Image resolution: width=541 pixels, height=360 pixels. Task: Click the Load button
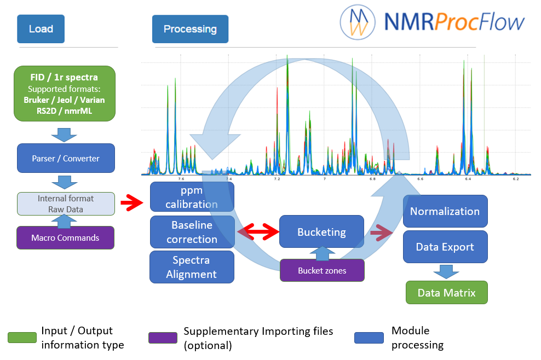coord(41,29)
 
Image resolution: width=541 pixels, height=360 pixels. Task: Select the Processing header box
coord(190,29)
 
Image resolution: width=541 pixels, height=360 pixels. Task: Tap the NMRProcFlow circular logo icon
coord(358,22)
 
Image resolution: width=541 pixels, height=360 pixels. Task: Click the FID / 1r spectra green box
coord(65,94)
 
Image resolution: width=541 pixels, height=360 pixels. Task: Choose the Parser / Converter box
coord(66,158)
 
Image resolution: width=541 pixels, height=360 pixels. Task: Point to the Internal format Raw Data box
coord(66,204)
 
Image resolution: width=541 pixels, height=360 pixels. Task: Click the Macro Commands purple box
coord(66,237)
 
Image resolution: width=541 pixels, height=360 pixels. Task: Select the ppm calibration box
coord(192,197)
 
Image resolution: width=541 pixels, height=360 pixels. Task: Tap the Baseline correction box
coord(192,232)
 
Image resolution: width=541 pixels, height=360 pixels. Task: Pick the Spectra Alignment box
coord(192,267)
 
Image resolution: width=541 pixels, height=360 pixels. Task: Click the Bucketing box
coord(321,232)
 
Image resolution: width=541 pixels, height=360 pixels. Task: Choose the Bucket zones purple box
coord(323,270)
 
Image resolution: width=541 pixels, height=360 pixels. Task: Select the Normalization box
coord(445,211)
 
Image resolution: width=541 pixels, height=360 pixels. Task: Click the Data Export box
coord(445,247)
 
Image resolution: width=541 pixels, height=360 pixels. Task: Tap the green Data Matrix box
coord(447,292)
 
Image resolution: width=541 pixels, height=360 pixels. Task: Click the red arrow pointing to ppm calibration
coord(132,202)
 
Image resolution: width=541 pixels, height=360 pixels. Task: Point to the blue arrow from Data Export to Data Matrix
coord(446,272)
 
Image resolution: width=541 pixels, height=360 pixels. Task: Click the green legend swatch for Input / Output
coord(22,338)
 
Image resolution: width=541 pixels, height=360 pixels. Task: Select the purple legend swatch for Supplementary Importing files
coord(163,338)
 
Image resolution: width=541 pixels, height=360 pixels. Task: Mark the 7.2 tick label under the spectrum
coord(277,179)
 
